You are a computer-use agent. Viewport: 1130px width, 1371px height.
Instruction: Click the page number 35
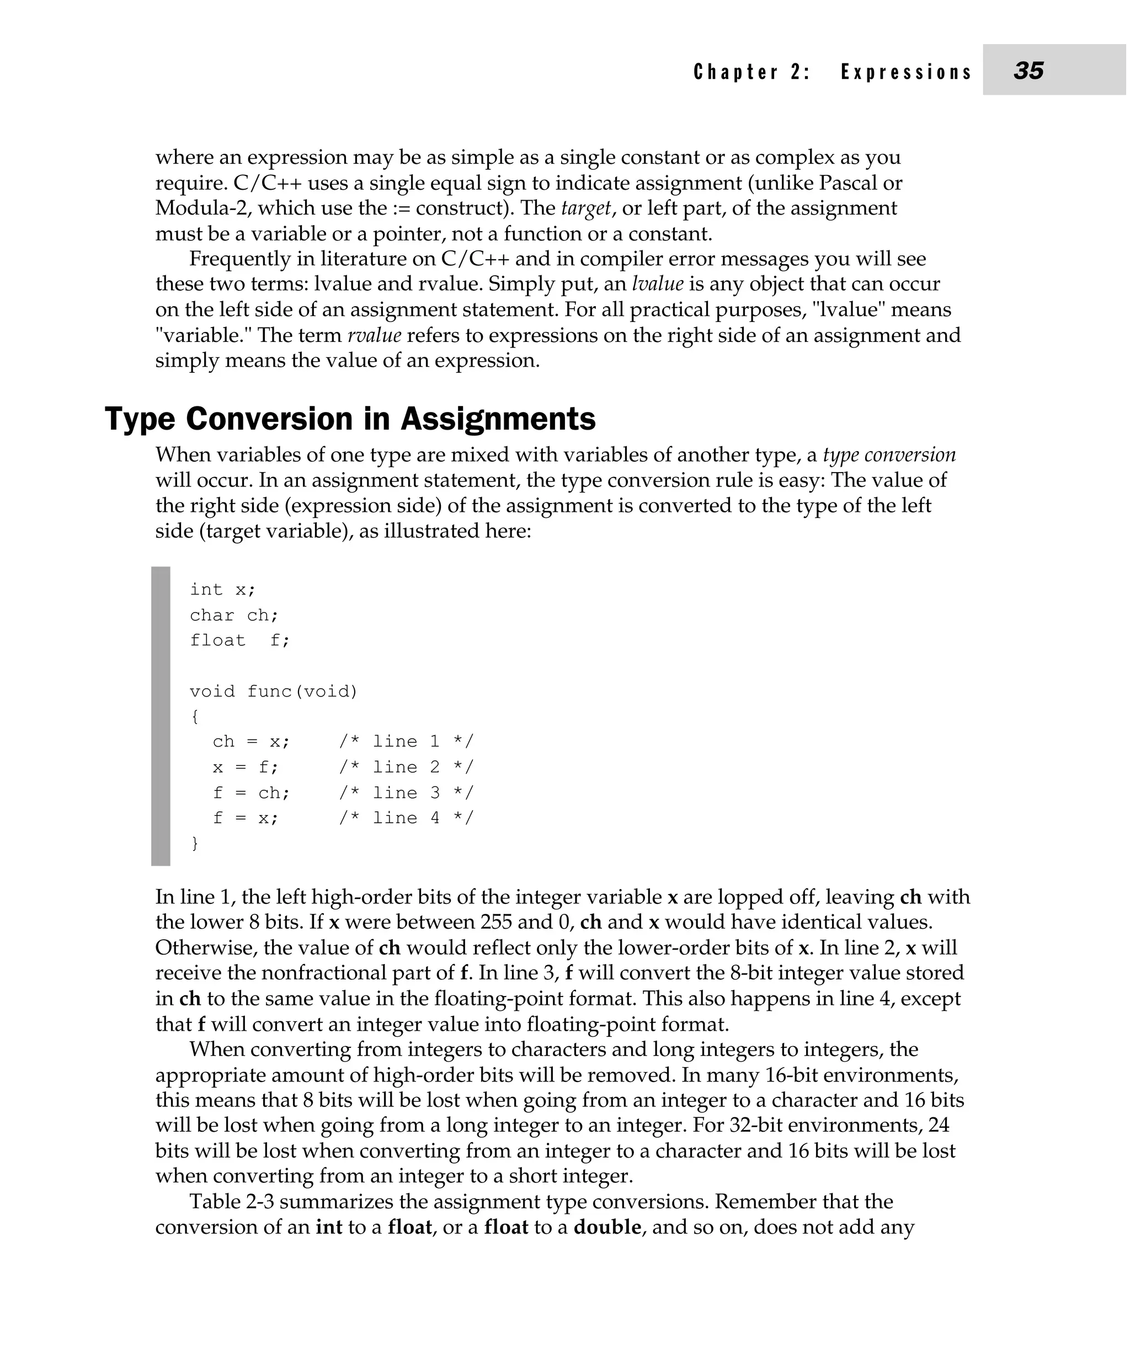1028,70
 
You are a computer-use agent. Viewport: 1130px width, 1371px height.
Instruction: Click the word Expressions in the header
906,72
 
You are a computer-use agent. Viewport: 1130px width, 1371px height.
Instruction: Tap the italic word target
586,208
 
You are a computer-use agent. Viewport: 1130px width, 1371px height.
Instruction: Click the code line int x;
222,590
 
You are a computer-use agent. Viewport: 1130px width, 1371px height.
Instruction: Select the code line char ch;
234,615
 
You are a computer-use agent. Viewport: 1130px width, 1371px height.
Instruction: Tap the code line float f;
239,641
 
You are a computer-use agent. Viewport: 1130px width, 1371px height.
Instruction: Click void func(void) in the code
273,692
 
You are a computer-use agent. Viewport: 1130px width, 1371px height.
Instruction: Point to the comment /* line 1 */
406,742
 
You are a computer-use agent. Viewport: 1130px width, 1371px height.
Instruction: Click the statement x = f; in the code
245,768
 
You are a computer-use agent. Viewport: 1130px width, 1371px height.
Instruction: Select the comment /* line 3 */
406,793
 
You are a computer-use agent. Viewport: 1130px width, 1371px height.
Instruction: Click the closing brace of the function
194,844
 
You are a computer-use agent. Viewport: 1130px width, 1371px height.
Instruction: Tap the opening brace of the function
194,717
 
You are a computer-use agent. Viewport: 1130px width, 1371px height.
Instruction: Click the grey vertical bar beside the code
160,716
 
